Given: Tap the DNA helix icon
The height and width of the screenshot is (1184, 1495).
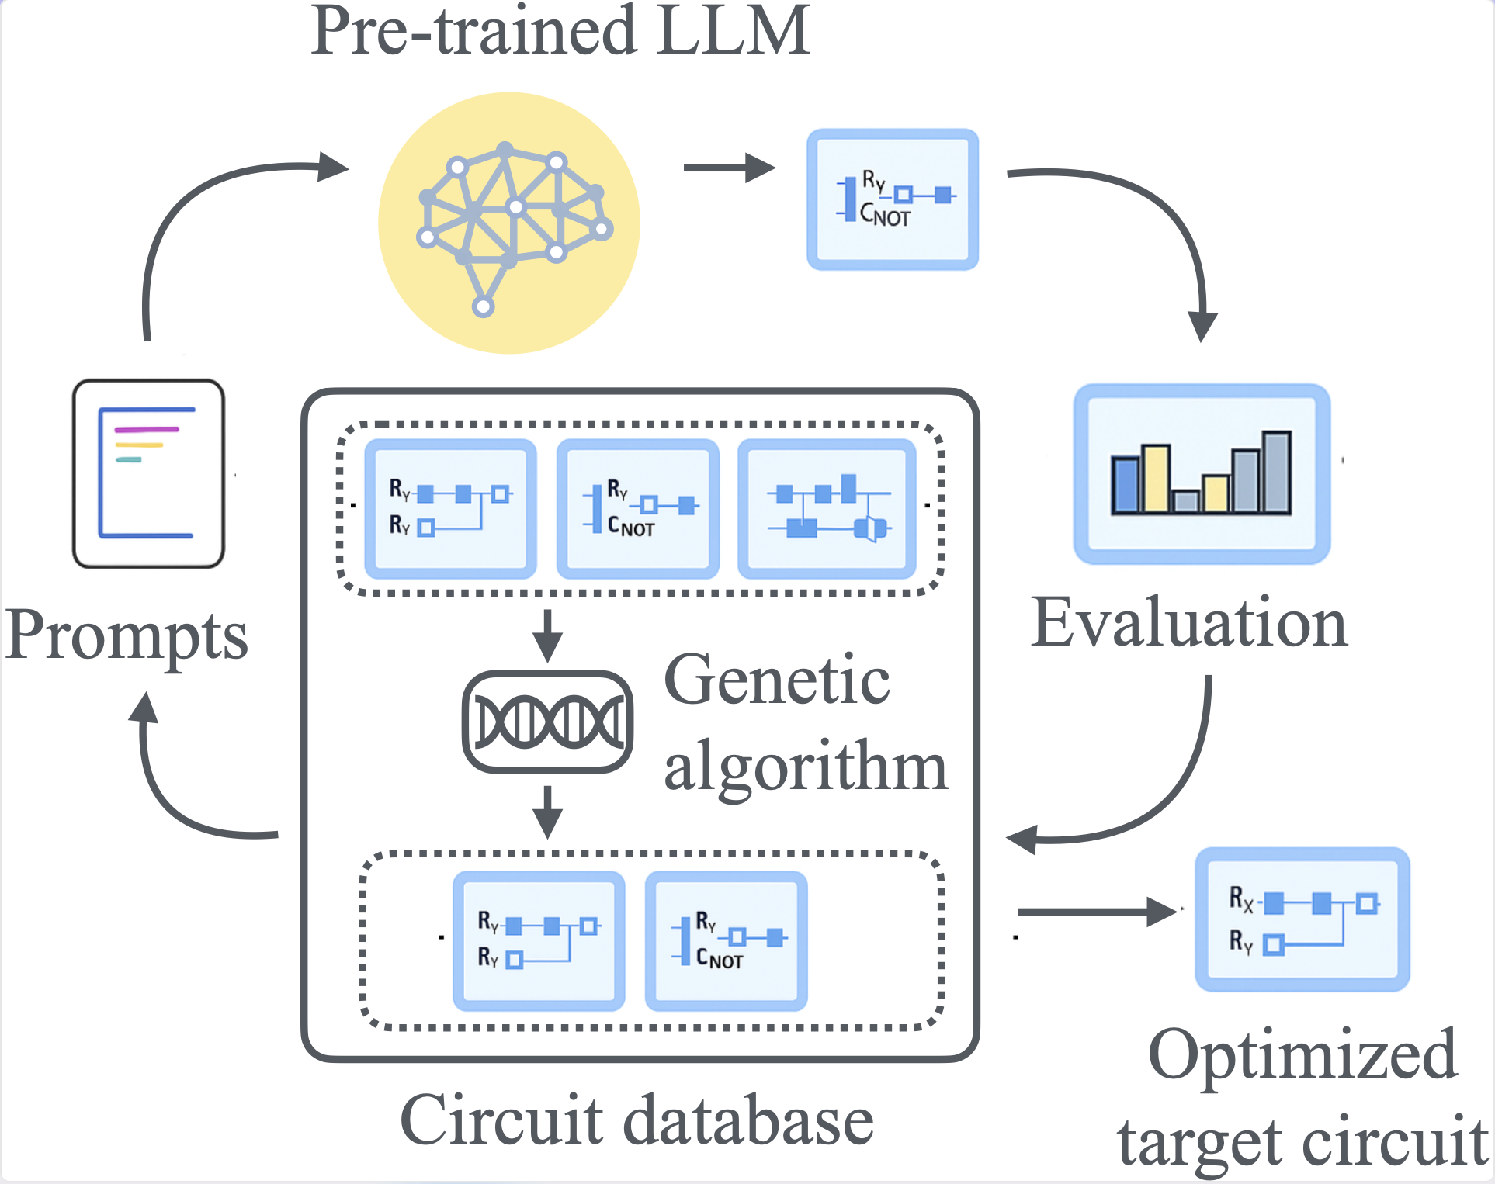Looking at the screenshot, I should coord(548,722).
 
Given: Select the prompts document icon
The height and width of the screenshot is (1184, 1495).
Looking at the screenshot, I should coord(148,473).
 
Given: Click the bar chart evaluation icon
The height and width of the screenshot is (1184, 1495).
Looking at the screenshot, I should coord(1202,473).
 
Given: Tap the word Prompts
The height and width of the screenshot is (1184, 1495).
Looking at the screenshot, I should coord(127,635).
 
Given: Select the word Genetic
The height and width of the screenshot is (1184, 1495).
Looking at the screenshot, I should coord(777,680).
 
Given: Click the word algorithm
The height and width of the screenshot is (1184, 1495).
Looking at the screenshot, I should coord(806,765).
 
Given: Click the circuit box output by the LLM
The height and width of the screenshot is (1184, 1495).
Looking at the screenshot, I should coord(893,199).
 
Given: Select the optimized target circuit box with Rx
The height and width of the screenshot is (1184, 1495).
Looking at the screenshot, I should coord(1302,919).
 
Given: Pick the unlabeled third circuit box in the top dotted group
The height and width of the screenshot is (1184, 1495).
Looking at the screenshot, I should coord(827,509).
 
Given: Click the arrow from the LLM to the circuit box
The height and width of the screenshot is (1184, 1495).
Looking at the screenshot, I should coord(728,168).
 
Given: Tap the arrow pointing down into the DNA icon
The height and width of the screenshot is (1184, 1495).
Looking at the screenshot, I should coord(547,635).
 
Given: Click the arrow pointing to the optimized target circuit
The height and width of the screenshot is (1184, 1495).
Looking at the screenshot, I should coord(1096,911).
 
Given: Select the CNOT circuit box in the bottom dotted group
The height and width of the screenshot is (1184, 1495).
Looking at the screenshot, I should coord(726,940).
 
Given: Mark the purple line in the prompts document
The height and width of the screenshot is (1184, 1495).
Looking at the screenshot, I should coord(147,429).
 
